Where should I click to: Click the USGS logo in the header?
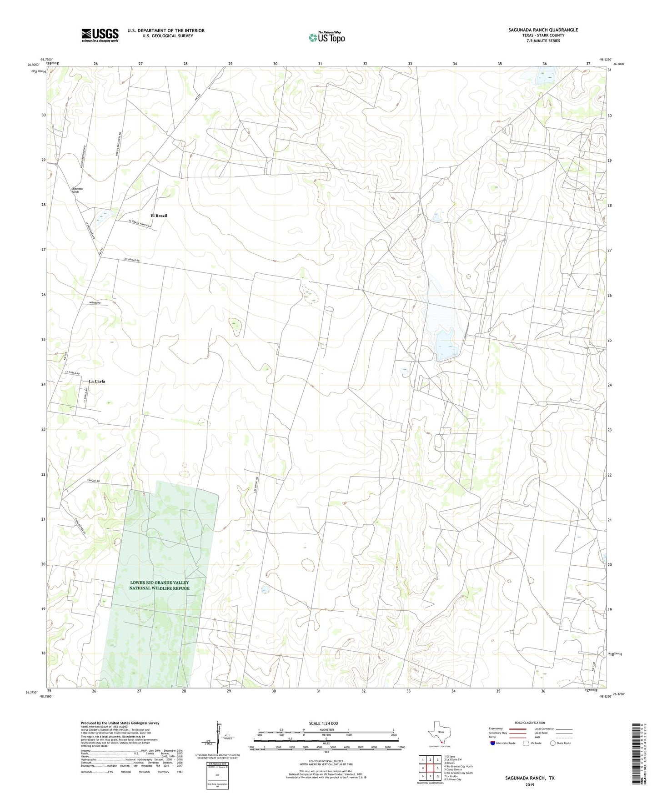tap(100, 35)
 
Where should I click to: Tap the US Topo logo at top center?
tap(326, 37)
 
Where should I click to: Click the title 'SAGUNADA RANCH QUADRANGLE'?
tap(543, 30)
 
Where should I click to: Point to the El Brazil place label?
tap(159, 216)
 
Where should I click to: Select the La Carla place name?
tap(97, 381)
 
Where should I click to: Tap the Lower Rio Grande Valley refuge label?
tap(159, 585)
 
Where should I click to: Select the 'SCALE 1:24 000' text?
tap(323, 724)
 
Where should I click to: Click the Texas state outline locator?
tap(438, 733)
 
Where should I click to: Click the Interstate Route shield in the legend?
tap(493, 743)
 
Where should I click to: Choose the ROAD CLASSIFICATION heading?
tap(530, 723)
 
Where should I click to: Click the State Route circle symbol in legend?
tap(553, 743)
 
